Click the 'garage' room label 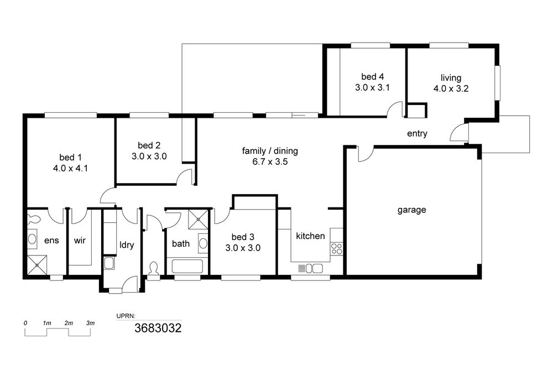[411, 210]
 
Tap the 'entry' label [417, 133]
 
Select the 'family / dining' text [270, 151]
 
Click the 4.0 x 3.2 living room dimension [451, 88]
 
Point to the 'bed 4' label [372, 76]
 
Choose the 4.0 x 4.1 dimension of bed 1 [70, 168]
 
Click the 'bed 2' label [149, 145]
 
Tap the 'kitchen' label [310, 236]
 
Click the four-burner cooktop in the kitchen [336, 248]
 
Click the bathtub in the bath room [187, 267]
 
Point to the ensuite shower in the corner [36, 264]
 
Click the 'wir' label [80, 241]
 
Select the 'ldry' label [127, 244]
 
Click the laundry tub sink [109, 263]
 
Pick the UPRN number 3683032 [158, 329]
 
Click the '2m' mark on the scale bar [69, 323]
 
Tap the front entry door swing [457, 133]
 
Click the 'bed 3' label [243, 237]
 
